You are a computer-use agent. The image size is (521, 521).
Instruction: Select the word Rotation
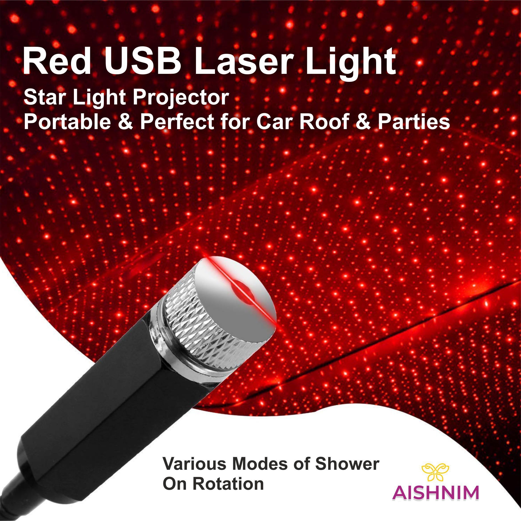(228, 484)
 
